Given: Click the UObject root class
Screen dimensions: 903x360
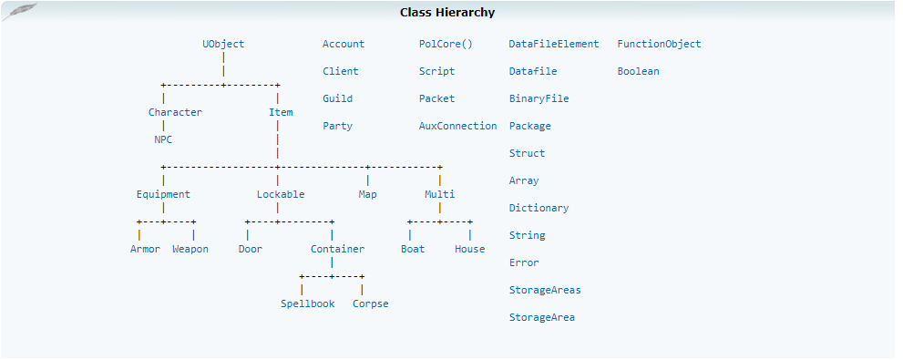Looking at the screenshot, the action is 223,44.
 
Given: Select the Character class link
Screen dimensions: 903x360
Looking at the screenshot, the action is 175,112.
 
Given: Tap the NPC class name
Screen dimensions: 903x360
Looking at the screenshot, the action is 163,139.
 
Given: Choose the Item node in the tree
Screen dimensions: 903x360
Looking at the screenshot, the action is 281,112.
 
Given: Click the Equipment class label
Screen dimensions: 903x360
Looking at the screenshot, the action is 163,194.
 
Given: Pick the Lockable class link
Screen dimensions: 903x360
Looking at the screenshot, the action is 281,194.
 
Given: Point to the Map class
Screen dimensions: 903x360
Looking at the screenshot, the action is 367,194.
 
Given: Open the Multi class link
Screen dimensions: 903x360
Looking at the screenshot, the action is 439,194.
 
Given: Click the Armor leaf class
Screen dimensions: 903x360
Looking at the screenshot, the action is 145,249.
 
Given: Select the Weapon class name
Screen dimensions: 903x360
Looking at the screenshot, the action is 190,249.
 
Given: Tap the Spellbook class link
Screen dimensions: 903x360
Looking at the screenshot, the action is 307,303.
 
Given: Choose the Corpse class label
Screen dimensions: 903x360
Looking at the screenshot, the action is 370,303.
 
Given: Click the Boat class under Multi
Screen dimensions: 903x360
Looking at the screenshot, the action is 413,249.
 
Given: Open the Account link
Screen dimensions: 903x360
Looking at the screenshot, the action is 344,44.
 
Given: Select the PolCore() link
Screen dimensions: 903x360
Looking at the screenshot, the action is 446,44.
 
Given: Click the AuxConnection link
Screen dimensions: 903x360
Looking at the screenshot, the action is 457,126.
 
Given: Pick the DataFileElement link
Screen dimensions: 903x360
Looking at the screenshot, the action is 554,44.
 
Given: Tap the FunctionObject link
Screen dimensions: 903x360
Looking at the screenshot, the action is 660,44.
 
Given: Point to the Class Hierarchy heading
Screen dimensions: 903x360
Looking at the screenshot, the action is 447,12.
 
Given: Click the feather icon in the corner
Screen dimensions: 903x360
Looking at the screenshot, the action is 19,12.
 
